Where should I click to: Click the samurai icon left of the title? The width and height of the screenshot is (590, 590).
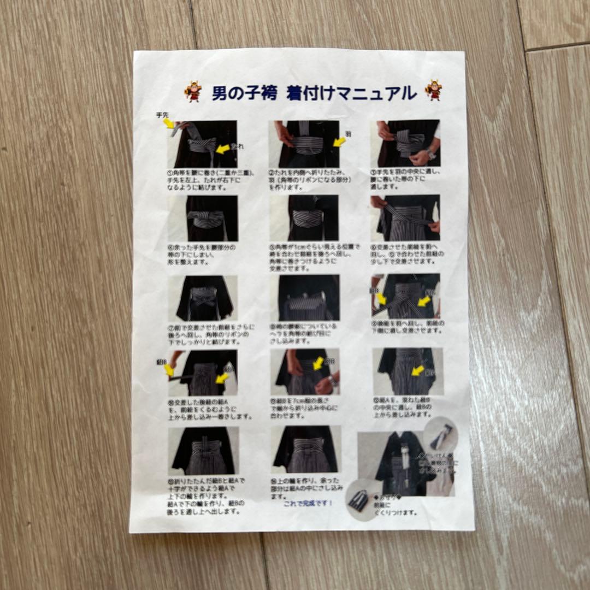tap(193, 92)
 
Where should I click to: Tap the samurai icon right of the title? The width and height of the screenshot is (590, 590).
tap(433, 90)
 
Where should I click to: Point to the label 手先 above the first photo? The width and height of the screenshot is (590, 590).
tap(162, 115)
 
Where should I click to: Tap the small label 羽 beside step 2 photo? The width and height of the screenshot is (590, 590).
tap(348, 133)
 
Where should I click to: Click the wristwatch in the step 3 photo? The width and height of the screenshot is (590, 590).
tap(430, 155)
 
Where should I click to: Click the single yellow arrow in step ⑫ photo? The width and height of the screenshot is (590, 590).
tap(417, 371)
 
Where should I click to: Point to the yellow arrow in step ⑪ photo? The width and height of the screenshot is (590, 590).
tap(318, 363)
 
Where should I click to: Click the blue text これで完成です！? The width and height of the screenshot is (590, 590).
tap(308, 503)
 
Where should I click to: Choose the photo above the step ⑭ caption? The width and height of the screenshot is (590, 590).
tap(305, 449)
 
